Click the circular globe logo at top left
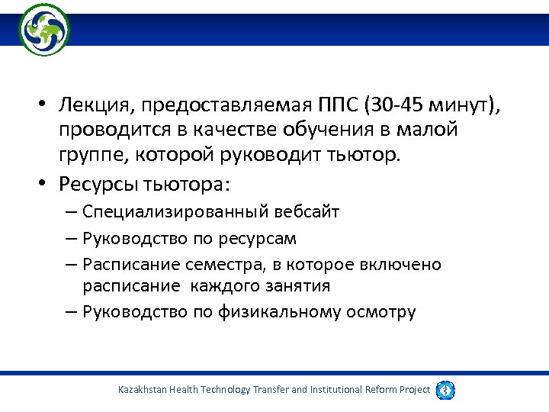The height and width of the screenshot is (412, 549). coord(43,30)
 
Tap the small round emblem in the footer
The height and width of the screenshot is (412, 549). coord(446,389)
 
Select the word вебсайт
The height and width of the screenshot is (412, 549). coord(304,212)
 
